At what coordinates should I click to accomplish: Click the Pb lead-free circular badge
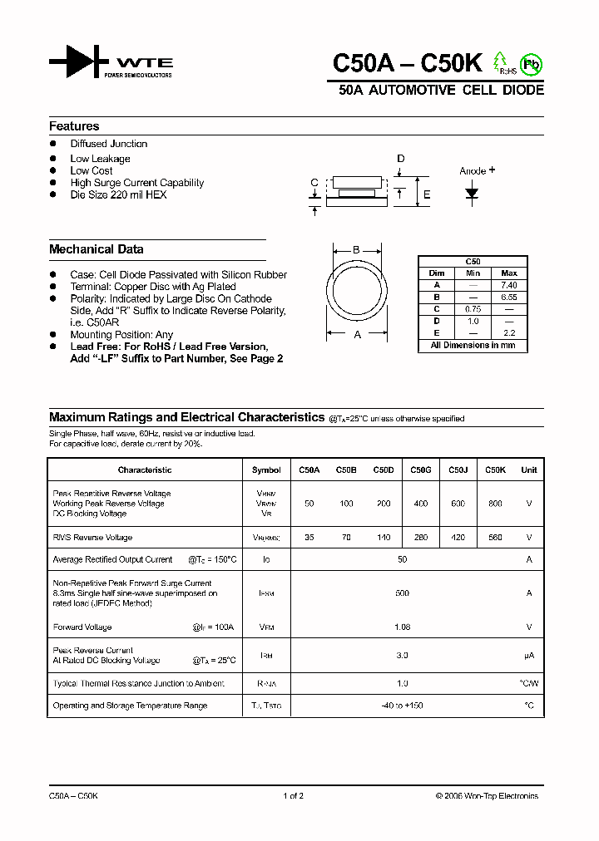pos(530,63)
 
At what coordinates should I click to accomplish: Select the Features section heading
pos(74,126)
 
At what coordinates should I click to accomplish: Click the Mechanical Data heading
pos(96,249)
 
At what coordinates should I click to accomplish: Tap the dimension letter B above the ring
pos(356,250)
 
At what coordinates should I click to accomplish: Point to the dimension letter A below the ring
pos(358,335)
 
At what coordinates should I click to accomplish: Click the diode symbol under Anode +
pos(473,194)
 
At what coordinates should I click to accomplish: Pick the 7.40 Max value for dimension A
pos(508,285)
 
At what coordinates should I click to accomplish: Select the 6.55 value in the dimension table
pos(508,297)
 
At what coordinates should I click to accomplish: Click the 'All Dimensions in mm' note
pos(473,345)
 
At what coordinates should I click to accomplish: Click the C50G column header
pos(420,470)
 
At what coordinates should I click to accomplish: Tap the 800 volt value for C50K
pos(495,504)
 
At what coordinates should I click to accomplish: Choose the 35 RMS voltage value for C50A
pos(309,538)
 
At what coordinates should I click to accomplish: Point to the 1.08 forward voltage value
pos(402,627)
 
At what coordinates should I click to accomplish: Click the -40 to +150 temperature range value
pos(402,706)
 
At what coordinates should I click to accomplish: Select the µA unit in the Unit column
pos(528,656)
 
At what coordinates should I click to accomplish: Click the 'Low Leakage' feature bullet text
pos(100,159)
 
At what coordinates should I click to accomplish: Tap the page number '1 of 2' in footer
pos(294,796)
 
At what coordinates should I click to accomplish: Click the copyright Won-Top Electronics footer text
pos(487,796)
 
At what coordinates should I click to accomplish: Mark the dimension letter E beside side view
pos(427,195)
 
